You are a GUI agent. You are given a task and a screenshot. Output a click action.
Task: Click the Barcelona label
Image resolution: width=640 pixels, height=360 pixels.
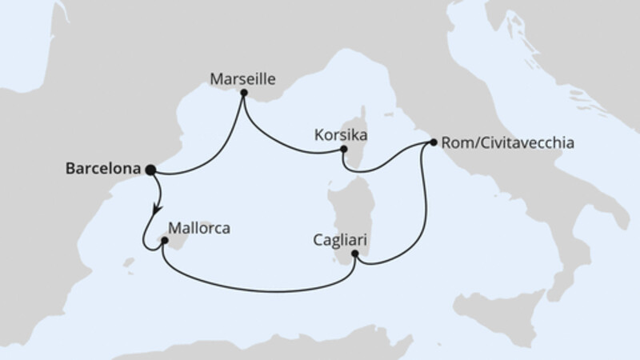coord(99,169)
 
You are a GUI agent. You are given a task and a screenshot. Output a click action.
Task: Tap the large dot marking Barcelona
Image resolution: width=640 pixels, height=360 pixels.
coord(149,169)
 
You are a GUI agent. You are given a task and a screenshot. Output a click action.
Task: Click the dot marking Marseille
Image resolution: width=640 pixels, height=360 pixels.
coord(243,93)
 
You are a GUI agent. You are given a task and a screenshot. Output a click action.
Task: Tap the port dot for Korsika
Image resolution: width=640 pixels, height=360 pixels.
coord(343,149)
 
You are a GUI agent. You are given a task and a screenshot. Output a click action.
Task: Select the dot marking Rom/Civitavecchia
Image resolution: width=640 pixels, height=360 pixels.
coord(433,143)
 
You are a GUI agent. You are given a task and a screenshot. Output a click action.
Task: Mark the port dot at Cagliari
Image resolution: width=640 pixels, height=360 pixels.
coord(355,254)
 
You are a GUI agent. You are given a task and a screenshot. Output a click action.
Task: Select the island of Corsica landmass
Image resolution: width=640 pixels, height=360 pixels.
coord(362,136)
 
